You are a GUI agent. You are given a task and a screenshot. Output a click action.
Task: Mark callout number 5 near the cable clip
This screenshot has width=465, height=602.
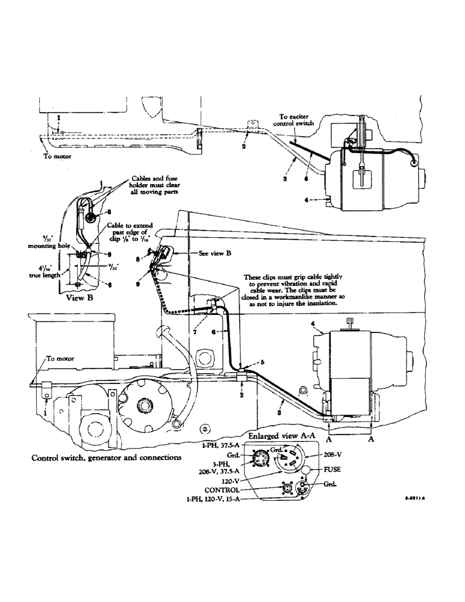tap(246, 363)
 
